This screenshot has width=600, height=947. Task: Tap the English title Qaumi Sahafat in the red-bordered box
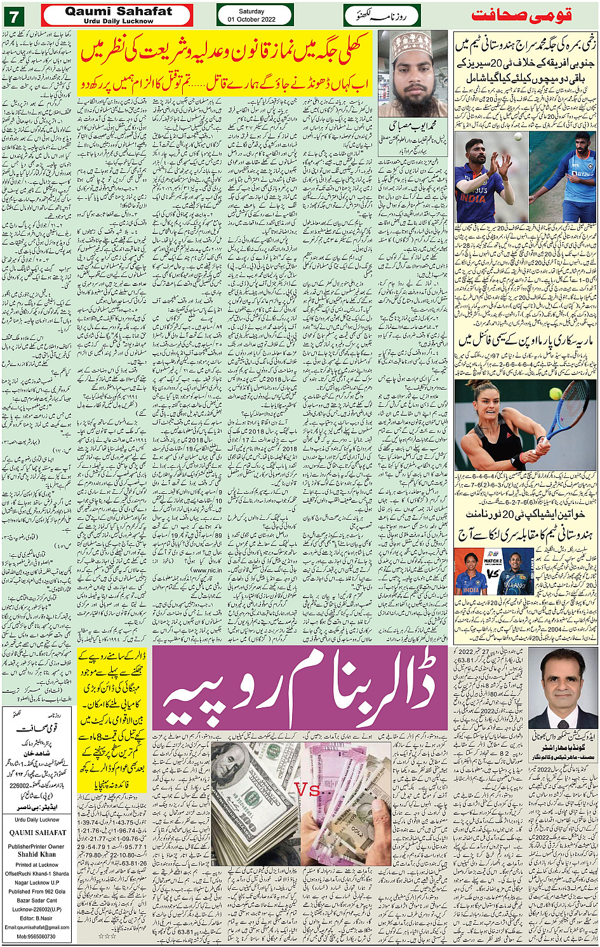pyautogui.click(x=118, y=11)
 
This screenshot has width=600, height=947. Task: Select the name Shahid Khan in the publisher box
pyautogui.click(x=37, y=855)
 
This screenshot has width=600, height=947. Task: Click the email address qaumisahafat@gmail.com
pyautogui.click(x=37, y=927)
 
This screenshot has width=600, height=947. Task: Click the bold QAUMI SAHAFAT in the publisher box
pyautogui.click(x=37, y=833)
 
